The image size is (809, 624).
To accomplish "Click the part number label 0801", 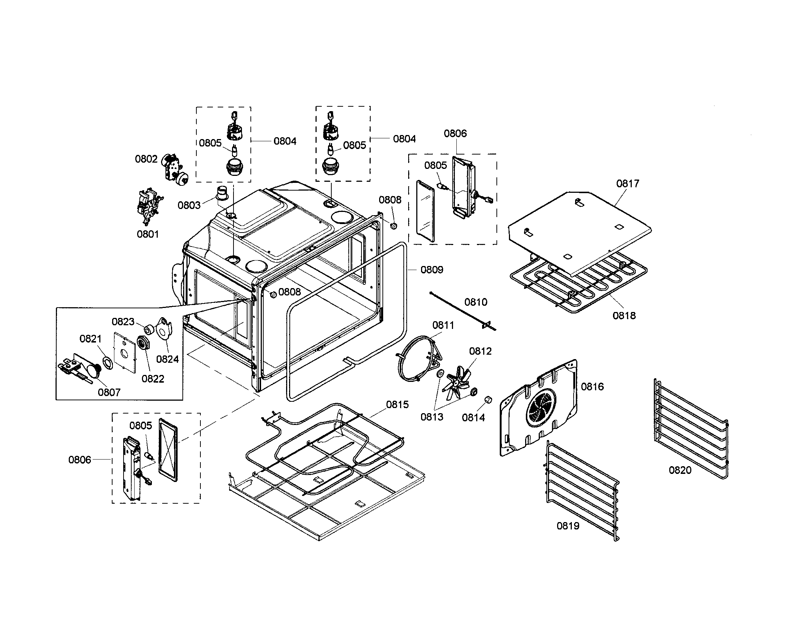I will [147, 234].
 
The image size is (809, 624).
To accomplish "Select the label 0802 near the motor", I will [146, 159].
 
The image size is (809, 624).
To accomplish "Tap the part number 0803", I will [189, 205].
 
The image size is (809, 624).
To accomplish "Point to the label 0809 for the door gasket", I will [432, 270].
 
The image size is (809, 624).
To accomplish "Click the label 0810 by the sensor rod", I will [475, 302].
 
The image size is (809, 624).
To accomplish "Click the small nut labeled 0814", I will [488, 400].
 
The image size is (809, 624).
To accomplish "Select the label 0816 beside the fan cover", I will [592, 386].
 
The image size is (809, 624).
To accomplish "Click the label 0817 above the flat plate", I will [627, 184].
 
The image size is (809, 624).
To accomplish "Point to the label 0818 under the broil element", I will [624, 316].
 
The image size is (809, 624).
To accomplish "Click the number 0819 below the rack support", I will [568, 526].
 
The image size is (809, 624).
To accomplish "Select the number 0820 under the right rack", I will [680, 470].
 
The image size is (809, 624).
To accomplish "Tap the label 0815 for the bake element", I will [397, 405].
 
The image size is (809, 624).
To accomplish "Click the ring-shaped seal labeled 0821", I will [107, 363].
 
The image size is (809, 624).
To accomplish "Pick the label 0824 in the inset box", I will [167, 359].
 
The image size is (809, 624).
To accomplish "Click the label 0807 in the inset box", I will [109, 392].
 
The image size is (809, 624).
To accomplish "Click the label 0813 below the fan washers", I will [432, 417].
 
